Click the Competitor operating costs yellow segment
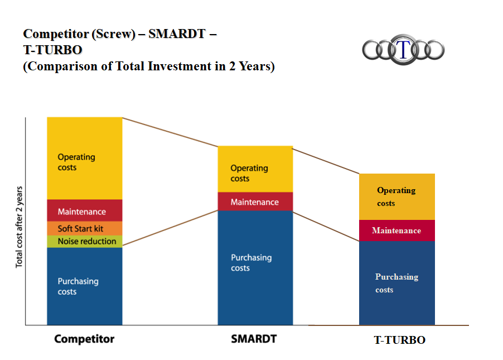pos(84,158)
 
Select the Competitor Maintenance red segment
pos(84,210)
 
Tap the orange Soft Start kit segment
pos(84,228)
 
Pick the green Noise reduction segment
pos(84,241)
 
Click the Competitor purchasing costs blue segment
pos(84,286)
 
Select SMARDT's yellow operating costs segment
pos(255,169)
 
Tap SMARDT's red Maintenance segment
pos(255,201)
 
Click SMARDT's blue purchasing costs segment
pos(255,267)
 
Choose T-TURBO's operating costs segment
pos(396,196)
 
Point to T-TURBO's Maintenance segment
pos(396,231)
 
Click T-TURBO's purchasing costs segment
pos(396,282)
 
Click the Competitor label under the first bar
pos(84,339)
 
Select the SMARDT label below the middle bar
pos(254,338)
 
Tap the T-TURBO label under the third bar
pos(399,340)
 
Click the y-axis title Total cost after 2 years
pos(20,227)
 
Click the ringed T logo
pos(403,49)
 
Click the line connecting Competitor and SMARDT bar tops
pos(170,132)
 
